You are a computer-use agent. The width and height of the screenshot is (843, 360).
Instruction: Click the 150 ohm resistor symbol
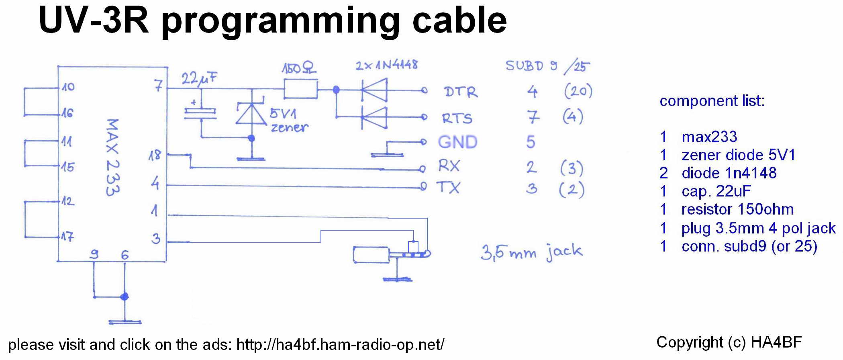[x=300, y=89]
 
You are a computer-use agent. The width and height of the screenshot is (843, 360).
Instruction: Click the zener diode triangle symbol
[x=251, y=114]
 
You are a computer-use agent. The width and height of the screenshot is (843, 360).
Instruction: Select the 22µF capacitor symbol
[x=200, y=112]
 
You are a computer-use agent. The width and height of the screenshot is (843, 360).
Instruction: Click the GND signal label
[x=457, y=142]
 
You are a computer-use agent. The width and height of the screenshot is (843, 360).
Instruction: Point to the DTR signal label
[x=461, y=92]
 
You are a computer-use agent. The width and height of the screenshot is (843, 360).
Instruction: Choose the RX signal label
[x=449, y=166]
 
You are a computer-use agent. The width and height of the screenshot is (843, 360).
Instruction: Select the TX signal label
[x=448, y=187]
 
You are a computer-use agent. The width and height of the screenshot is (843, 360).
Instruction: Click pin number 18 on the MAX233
[x=155, y=155]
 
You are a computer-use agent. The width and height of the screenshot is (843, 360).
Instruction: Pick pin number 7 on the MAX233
[x=159, y=86]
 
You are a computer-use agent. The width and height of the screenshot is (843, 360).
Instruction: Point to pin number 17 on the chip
[x=67, y=237]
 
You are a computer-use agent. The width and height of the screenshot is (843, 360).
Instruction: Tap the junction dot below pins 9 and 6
[x=125, y=297]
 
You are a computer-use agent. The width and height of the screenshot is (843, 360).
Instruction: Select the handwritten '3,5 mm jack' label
[x=531, y=252]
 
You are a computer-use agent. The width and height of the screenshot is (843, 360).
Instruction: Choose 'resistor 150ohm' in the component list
[x=737, y=209]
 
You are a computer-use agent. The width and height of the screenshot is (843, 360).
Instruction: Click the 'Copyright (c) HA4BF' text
[x=729, y=342]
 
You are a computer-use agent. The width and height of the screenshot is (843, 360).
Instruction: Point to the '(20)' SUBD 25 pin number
[x=578, y=91]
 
